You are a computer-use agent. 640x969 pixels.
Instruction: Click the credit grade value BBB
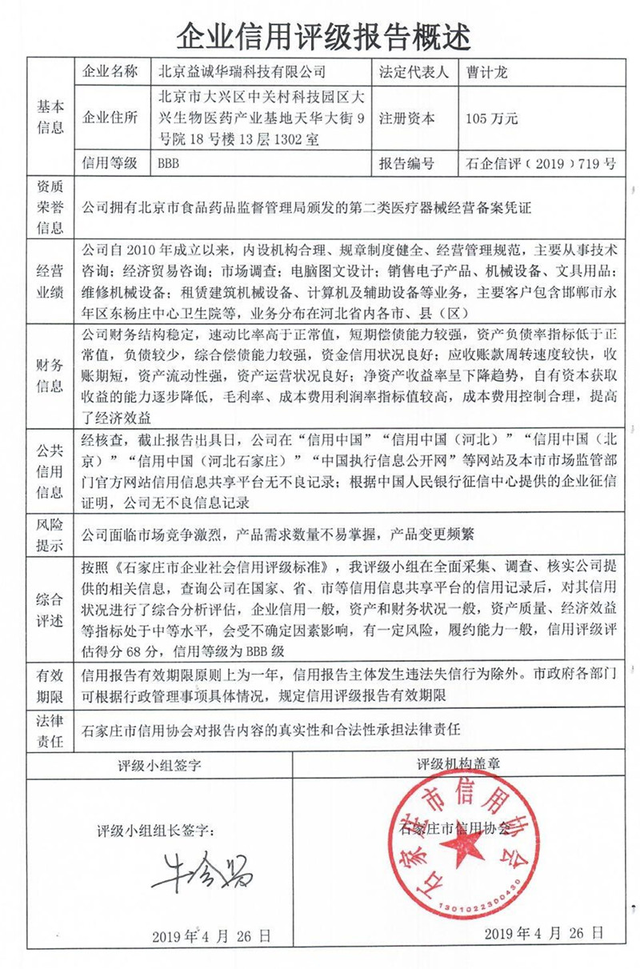click(x=170, y=164)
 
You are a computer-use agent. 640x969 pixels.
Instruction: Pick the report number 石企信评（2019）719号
click(x=540, y=164)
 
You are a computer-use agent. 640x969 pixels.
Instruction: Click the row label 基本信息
click(x=50, y=117)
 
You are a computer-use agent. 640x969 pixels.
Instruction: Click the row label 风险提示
click(x=50, y=533)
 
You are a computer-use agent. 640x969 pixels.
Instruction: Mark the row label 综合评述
click(x=50, y=609)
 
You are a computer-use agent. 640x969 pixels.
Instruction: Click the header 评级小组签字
click(x=161, y=764)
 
